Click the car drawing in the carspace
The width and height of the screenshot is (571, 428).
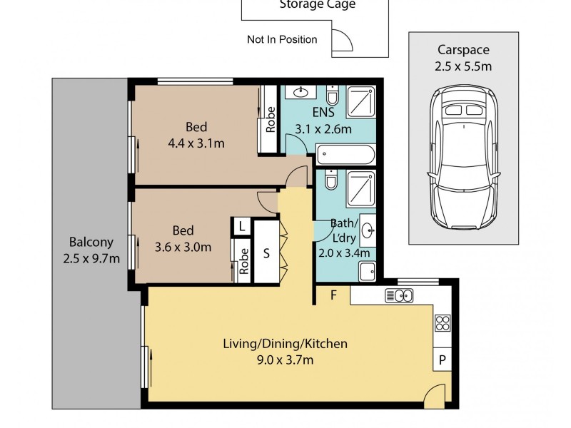[x=463, y=157]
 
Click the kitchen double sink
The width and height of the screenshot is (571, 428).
[x=399, y=295]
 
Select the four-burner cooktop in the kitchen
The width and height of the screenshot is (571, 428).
[x=443, y=323]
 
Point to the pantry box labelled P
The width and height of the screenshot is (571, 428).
[x=443, y=360]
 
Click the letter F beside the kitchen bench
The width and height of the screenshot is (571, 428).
[x=333, y=295]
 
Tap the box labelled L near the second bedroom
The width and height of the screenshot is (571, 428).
[x=242, y=227]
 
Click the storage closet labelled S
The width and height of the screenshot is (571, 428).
[x=266, y=253]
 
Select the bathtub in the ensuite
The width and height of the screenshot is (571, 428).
[x=345, y=155]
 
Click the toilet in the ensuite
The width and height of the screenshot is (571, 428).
[x=332, y=96]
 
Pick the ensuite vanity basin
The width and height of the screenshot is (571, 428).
[x=300, y=92]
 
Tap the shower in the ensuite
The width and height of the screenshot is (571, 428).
[x=360, y=102]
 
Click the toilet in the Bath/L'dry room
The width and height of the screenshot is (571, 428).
[x=331, y=180]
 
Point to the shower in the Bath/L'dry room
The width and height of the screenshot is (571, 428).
[x=360, y=189]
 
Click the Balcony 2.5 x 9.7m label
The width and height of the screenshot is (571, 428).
[x=91, y=250]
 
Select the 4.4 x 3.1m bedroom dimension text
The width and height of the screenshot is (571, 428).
[x=196, y=143]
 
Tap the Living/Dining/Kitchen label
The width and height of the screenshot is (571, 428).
[x=285, y=344]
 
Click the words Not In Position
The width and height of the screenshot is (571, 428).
[x=282, y=39]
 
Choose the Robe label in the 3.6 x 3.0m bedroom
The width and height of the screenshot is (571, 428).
[x=244, y=261]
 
